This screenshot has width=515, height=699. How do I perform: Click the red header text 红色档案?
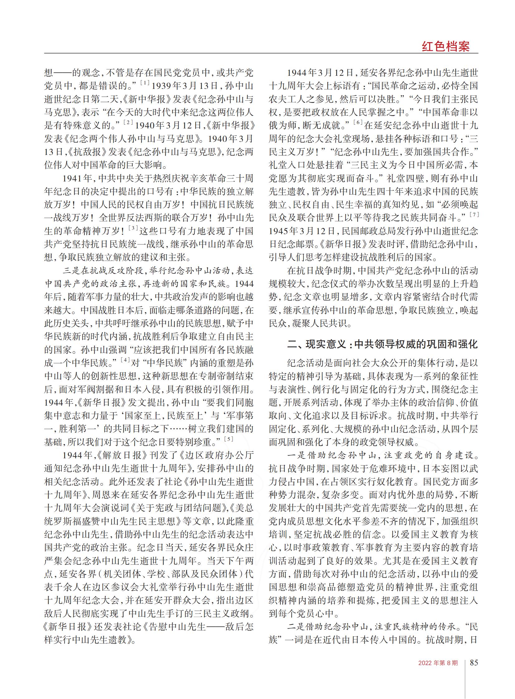click(446, 46)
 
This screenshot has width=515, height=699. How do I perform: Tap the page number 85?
click(474, 662)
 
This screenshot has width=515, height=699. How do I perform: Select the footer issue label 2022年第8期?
click(438, 663)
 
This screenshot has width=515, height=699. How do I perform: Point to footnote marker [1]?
click(145, 83)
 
